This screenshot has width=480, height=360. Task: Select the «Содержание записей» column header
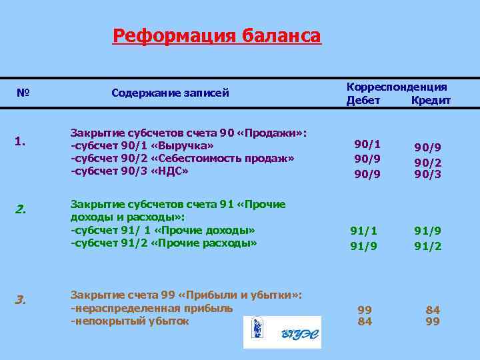pos(170,93)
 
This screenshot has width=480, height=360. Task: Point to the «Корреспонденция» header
pos(397,87)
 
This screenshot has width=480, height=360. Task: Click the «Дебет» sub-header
pos(363,100)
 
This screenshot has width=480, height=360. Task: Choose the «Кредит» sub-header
pos(431,100)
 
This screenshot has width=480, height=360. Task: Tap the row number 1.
pos(20,141)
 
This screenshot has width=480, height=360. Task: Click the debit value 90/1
pos(367,144)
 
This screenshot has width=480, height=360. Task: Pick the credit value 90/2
pos(427,162)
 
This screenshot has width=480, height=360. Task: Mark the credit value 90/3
pos(427,175)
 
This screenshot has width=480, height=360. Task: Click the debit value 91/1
pos(364,231)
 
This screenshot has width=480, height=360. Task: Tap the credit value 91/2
pos(427,246)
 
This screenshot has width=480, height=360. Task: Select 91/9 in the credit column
pos(427,231)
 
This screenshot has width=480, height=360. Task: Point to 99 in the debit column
pos(365,310)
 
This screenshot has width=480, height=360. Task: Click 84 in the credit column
pos(433,310)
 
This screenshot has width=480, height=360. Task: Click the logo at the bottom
pos(281,332)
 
